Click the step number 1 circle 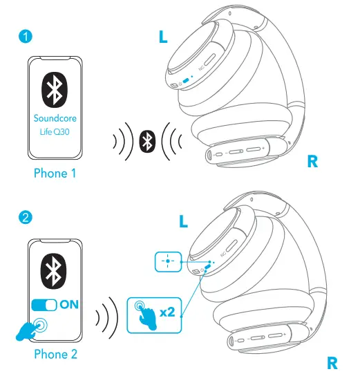[25, 36]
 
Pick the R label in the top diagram [313, 162]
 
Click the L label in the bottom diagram [183, 221]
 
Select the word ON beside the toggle [69, 304]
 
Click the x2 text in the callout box [167, 312]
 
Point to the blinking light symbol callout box [167, 262]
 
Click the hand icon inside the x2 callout [144, 312]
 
